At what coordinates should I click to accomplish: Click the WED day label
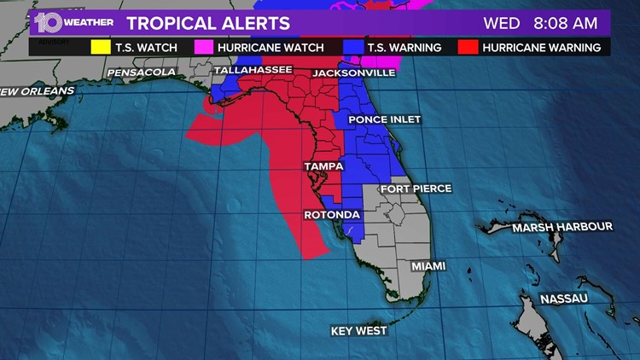click(502, 23)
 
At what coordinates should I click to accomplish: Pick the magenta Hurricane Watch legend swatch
click(203, 48)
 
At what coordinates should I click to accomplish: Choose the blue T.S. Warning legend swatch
click(352, 48)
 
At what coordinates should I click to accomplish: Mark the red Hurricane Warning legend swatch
click(467, 48)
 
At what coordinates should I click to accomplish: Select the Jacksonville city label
click(353, 73)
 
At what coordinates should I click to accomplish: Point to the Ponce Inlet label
click(384, 119)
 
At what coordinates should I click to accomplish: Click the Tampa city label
click(323, 166)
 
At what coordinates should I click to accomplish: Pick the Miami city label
click(428, 266)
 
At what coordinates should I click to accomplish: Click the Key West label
click(358, 330)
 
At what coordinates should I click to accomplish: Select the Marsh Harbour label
click(561, 227)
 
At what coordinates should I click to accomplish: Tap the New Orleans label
click(36, 90)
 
